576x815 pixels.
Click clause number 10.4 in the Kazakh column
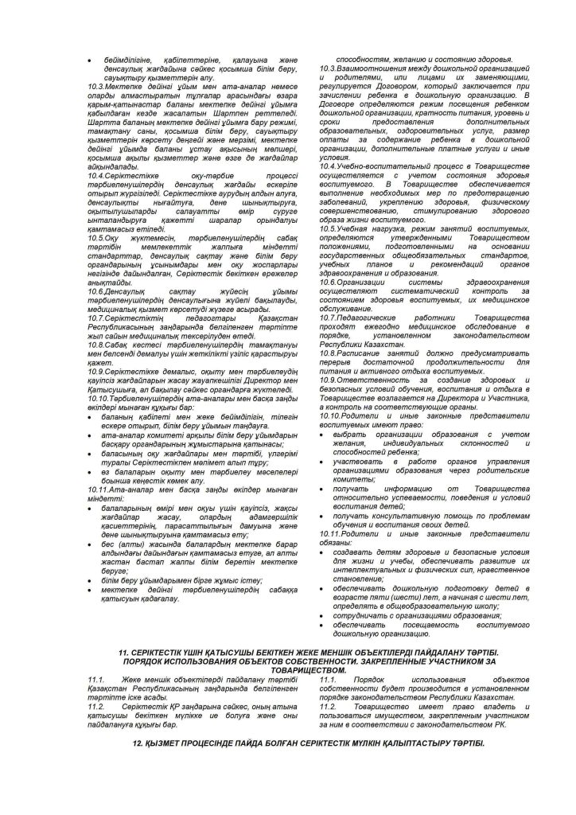pos(98,174)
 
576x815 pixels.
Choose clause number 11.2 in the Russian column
pos(328,705)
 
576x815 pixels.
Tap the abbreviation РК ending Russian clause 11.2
pos(491,724)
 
